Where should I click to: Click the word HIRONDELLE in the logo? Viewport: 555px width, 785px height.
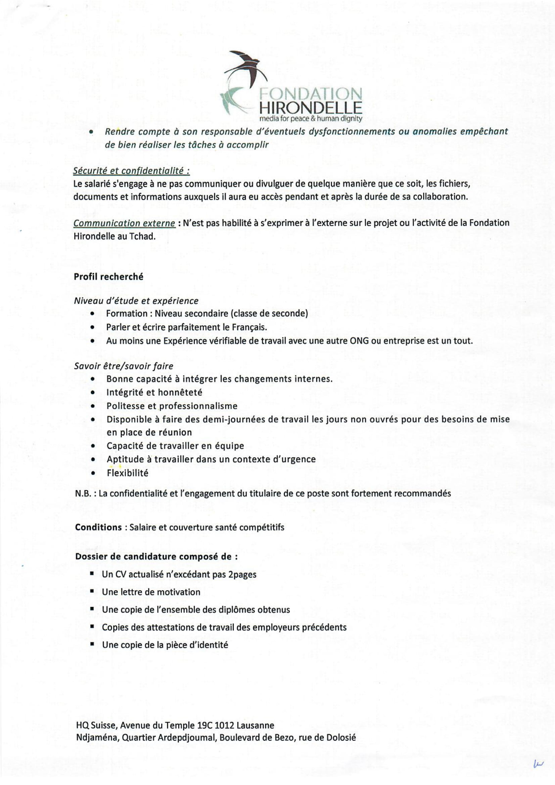click(311, 108)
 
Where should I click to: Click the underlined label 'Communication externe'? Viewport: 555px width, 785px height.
click(124, 223)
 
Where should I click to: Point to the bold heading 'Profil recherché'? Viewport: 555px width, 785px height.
click(108, 277)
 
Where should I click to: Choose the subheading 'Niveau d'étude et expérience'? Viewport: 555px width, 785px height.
click(136, 301)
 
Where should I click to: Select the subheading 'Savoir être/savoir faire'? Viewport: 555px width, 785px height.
click(124, 366)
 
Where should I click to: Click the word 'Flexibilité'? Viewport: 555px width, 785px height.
click(128, 473)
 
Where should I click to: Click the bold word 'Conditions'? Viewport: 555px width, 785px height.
click(98, 527)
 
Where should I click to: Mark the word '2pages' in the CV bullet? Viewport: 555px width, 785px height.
click(242, 574)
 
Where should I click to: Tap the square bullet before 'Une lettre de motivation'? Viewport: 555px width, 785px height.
click(92, 591)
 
